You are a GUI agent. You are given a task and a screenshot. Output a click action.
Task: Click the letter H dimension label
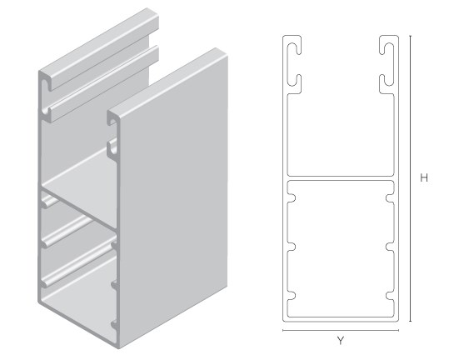point(424,177)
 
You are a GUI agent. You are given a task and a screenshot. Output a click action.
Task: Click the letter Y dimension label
point(340,341)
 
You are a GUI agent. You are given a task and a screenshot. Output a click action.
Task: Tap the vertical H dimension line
point(410,178)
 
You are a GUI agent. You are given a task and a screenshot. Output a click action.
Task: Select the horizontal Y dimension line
point(341,330)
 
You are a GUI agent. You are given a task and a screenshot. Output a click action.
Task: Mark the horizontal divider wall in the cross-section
point(341,178)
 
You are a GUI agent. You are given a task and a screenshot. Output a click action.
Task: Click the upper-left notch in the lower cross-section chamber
point(292,198)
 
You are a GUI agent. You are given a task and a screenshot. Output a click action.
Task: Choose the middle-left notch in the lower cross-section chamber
point(292,247)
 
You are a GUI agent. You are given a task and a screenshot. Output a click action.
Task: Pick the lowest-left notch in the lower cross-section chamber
point(292,296)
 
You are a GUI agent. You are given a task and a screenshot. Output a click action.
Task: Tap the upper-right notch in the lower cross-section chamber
point(389,198)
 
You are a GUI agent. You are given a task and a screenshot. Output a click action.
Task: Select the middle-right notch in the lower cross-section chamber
point(389,247)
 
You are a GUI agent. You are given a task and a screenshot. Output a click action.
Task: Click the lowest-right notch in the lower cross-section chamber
point(389,296)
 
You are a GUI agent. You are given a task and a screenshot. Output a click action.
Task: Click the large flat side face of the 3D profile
point(173,197)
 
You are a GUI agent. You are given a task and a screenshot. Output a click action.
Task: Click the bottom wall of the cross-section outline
point(341,319)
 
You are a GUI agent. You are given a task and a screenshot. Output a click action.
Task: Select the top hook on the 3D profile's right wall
point(112,118)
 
